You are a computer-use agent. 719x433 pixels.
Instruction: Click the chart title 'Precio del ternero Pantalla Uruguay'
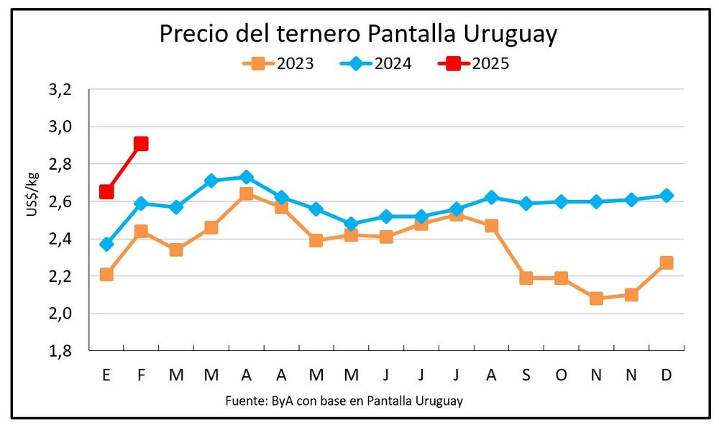358,34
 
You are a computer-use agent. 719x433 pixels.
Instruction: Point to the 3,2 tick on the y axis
61,90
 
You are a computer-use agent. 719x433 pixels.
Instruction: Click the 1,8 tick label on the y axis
61,351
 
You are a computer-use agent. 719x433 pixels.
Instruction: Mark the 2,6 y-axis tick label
61,202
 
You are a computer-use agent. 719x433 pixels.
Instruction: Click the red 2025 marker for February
141,144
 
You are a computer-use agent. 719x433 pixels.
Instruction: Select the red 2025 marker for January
106,191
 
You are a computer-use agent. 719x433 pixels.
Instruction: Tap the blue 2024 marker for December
667,195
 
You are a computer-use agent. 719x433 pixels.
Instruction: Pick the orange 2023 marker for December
667,263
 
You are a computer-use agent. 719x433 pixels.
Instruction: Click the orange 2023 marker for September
526,278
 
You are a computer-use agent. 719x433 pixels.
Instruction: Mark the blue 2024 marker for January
106,244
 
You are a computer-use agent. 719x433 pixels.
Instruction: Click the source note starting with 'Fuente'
344,401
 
